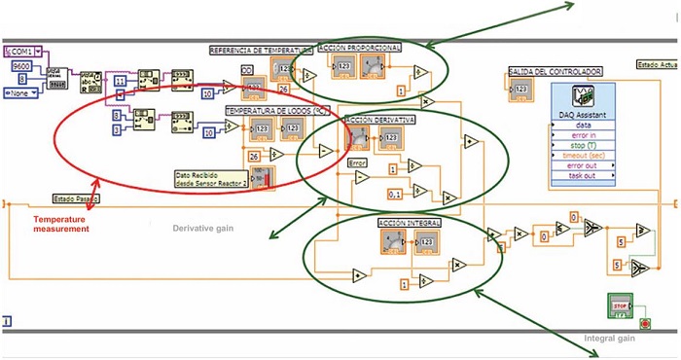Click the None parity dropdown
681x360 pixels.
[21, 92]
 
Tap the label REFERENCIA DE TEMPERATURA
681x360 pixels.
[261, 50]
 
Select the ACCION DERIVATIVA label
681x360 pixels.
[380, 120]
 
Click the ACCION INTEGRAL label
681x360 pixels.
[409, 223]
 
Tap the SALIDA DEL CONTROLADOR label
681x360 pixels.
[555, 71]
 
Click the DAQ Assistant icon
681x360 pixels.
[583, 100]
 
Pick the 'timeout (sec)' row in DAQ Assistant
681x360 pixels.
[587, 155]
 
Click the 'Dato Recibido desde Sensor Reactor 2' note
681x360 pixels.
[204, 179]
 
